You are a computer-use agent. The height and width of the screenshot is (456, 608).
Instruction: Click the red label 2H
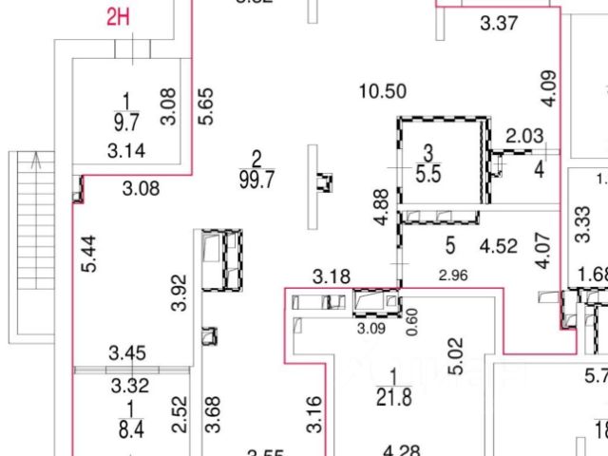coord(120,16)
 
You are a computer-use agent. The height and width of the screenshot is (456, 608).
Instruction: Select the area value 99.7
coord(256,176)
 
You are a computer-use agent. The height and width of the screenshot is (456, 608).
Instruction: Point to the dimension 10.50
coord(383,91)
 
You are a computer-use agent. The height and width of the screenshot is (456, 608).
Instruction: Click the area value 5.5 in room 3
coord(428,174)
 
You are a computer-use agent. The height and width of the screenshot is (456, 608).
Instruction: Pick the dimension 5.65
coord(204,106)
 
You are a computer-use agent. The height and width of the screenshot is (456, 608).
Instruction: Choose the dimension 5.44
coord(90,255)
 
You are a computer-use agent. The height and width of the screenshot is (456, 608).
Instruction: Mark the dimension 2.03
coord(523,138)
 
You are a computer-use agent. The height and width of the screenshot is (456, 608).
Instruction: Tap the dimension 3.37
coord(500,24)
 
